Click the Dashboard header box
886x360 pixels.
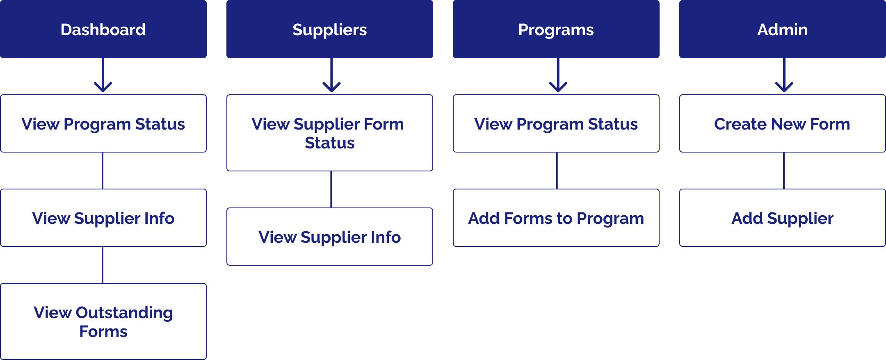tap(103, 29)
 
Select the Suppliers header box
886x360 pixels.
tap(330, 29)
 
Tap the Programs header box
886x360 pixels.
tap(556, 29)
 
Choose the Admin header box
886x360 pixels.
tap(783, 29)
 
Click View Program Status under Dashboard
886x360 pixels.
tap(103, 124)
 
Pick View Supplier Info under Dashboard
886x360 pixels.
tap(103, 218)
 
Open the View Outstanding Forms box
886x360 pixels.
tap(103, 321)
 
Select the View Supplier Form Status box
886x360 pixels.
tap(330, 133)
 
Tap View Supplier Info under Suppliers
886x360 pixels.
tap(330, 237)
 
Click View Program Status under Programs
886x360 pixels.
tap(556, 124)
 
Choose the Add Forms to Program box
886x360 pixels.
tap(556, 218)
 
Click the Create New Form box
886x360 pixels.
tap(783, 124)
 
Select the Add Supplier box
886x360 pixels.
tap(783, 218)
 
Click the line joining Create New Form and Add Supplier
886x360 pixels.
tap(784, 171)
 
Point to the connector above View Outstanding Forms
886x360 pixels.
tap(103, 265)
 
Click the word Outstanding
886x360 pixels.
tap(124, 313)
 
